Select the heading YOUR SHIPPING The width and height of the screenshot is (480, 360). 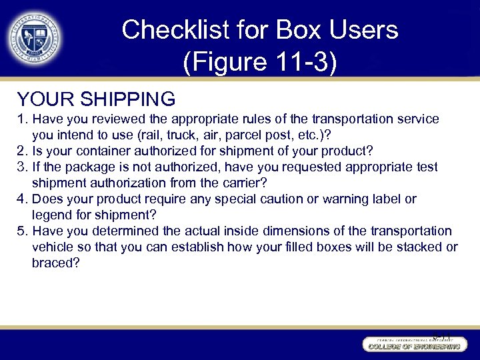coord(96,99)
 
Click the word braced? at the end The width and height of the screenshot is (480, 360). coord(55,263)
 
